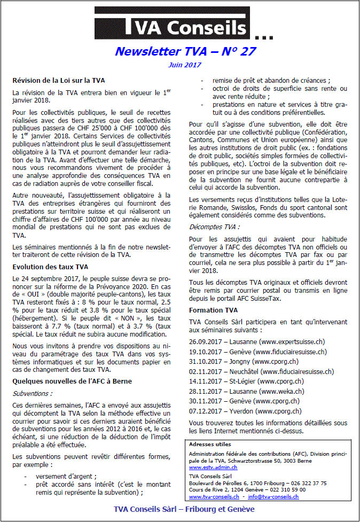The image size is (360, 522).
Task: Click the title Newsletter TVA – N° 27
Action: point(185,51)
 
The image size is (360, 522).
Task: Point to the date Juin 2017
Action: point(185,65)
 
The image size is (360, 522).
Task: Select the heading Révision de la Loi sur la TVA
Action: point(59,81)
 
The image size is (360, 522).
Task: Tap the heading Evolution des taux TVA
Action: point(50,266)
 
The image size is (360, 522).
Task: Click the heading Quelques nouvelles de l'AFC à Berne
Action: point(72,380)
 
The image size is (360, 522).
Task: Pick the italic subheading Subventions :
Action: point(32,393)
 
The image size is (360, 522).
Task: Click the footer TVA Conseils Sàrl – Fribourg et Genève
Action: point(184,509)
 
